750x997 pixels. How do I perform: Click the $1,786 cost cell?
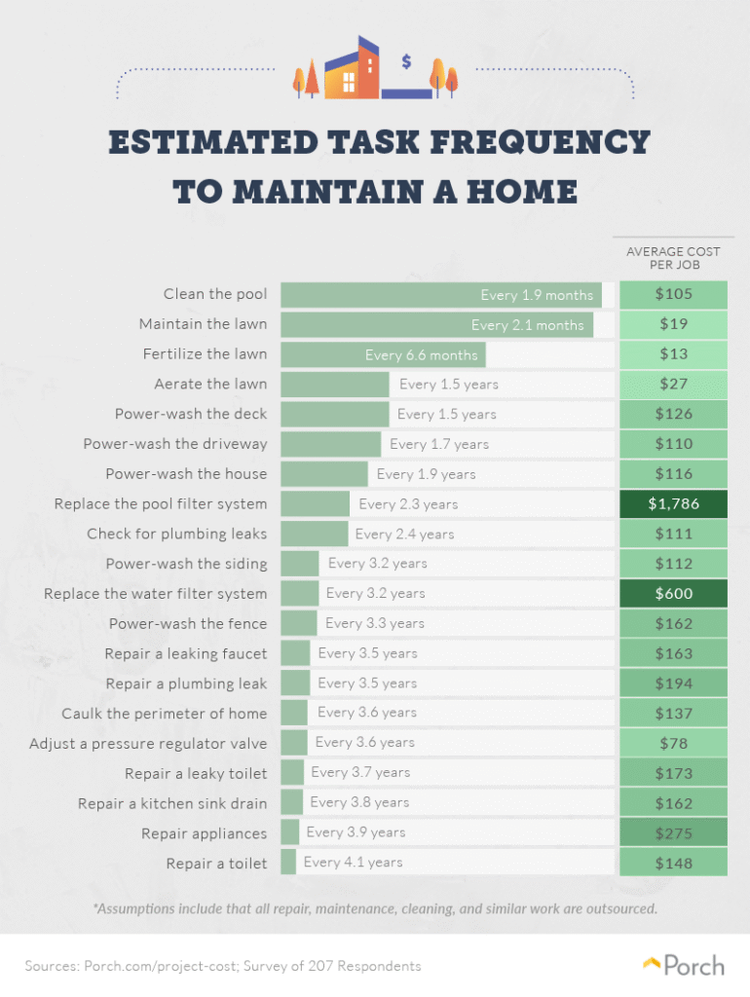[x=673, y=503]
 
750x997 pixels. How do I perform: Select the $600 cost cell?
[x=673, y=593]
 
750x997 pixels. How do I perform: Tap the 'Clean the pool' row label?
[x=214, y=294]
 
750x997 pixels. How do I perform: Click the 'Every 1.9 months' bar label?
[x=536, y=295]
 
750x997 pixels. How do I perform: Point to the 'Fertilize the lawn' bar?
[x=383, y=354]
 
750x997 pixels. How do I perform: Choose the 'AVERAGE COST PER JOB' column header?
[x=673, y=258]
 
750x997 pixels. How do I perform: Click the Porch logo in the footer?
[x=684, y=966]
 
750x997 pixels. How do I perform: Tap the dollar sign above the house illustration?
[x=406, y=61]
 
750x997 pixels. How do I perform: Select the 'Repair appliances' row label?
[x=204, y=833]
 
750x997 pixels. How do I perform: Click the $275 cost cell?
[x=673, y=832]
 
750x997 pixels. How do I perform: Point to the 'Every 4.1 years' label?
[x=353, y=862]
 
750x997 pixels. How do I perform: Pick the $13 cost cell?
[x=673, y=354]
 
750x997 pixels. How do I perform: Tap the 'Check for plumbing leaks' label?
[x=176, y=534]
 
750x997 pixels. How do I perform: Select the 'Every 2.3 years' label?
[x=407, y=504]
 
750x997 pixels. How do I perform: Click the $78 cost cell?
[x=673, y=743]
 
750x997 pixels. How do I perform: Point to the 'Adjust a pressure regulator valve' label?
[x=148, y=743]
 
